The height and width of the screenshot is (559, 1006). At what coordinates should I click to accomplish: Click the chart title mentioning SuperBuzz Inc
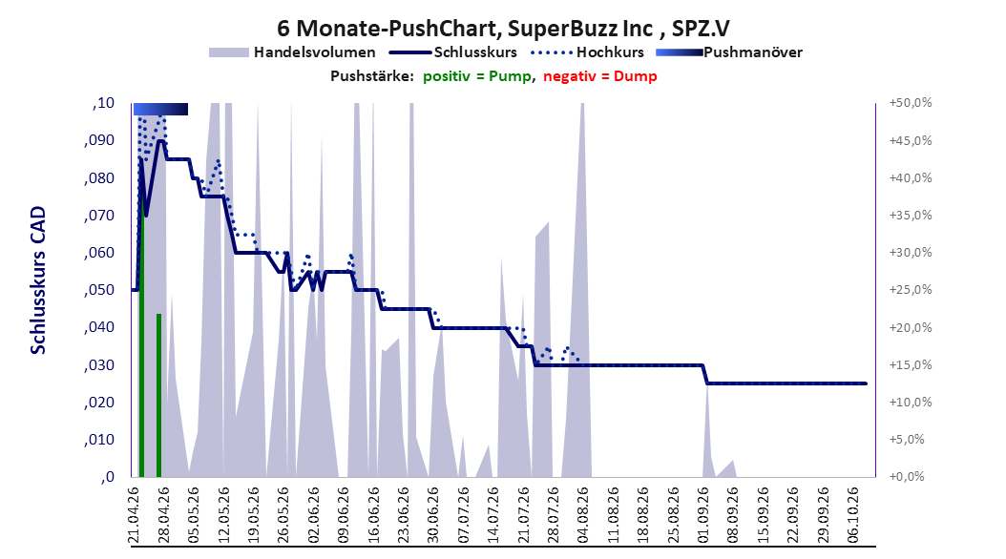(503, 29)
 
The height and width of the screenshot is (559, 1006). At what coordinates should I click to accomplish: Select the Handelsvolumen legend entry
(292, 52)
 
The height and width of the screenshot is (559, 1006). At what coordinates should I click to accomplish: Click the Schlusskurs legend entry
(453, 52)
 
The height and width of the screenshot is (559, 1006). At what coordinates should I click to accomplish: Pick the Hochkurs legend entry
(587, 52)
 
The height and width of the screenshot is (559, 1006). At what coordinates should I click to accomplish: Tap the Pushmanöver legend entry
(729, 52)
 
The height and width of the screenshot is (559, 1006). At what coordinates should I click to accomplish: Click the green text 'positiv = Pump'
(476, 76)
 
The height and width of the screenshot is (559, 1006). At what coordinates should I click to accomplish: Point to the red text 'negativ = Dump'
(600, 76)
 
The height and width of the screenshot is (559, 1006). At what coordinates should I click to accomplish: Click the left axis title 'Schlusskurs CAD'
(38, 280)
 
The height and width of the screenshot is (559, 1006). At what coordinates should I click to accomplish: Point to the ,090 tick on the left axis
(99, 140)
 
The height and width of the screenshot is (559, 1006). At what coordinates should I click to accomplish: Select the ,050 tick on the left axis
(99, 290)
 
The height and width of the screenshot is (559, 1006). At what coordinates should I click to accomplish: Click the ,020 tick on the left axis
(99, 402)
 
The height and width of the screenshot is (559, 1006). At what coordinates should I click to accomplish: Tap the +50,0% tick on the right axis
(911, 103)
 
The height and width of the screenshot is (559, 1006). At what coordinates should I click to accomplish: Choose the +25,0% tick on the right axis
(911, 290)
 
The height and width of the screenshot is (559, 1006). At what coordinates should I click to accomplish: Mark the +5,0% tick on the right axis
(907, 439)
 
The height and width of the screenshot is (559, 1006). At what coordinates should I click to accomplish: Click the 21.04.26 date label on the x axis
(134, 515)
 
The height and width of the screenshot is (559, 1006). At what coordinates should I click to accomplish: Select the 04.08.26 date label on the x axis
(583, 515)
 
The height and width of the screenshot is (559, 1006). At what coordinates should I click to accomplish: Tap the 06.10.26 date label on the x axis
(853, 515)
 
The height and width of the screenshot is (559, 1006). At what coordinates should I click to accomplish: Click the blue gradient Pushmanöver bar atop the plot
(160, 109)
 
